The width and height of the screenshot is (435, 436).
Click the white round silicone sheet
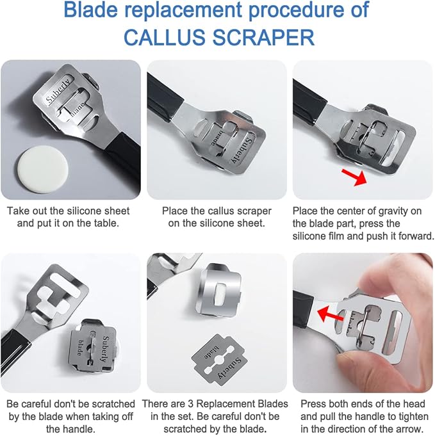click(x=44, y=169)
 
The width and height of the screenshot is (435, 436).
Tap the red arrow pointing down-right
click(x=354, y=176)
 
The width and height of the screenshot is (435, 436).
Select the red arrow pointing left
click(x=331, y=314)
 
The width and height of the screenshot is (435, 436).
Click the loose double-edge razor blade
click(x=219, y=360)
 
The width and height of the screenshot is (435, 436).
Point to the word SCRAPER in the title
click(x=263, y=37)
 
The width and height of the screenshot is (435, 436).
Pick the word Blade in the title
click(x=91, y=10)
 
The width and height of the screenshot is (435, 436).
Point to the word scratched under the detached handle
click(x=113, y=404)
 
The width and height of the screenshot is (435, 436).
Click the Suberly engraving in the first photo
click(x=58, y=91)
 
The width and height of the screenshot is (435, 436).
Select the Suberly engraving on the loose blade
click(x=230, y=368)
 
